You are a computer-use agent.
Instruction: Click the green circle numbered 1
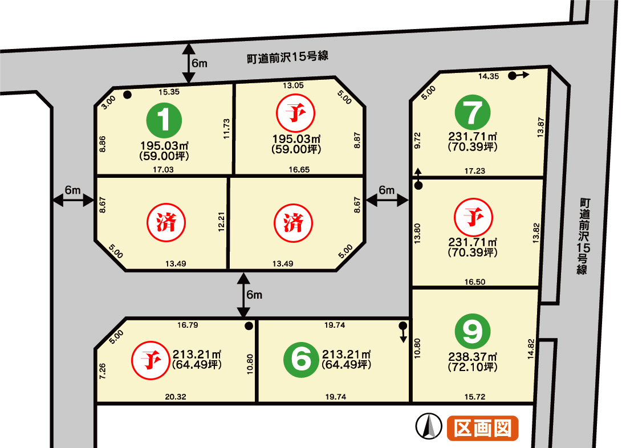(164, 120)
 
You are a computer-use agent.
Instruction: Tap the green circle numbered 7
(473, 113)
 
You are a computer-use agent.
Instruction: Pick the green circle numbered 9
(473, 331)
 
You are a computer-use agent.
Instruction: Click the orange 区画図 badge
(483, 428)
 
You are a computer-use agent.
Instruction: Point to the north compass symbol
(429, 426)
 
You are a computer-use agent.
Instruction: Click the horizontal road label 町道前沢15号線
(287, 57)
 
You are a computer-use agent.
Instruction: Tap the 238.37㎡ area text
(473, 357)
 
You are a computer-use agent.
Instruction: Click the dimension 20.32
(176, 397)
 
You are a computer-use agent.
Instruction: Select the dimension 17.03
(163, 169)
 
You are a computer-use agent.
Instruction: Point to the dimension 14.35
(489, 76)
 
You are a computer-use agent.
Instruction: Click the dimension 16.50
(475, 282)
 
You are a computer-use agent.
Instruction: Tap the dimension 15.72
(475, 397)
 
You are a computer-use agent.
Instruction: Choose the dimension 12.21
(222, 222)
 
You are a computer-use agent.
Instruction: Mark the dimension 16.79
(188, 325)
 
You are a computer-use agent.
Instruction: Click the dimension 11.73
(227, 129)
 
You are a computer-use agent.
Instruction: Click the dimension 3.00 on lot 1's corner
(108, 102)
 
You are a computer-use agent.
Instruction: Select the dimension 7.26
(103, 371)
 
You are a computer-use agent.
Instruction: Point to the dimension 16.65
(299, 169)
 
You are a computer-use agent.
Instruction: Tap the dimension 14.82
(531, 349)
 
